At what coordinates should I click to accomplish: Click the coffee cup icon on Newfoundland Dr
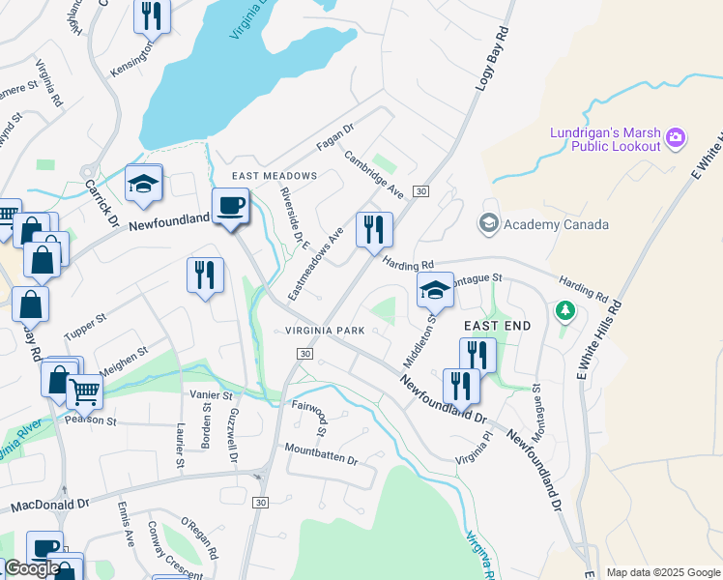click(231, 206)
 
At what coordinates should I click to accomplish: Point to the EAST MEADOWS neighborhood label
click(275, 176)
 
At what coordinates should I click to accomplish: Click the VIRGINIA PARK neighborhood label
click(325, 331)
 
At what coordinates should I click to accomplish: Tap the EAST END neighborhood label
click(497, 326)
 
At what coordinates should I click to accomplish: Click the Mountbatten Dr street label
click(321, 454)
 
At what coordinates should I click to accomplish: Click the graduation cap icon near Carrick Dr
click(144, 184)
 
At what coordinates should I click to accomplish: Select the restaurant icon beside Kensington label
click(152, 15)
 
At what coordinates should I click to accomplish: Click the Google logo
click(31, 568)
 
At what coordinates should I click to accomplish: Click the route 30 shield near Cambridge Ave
click(420, 191)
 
